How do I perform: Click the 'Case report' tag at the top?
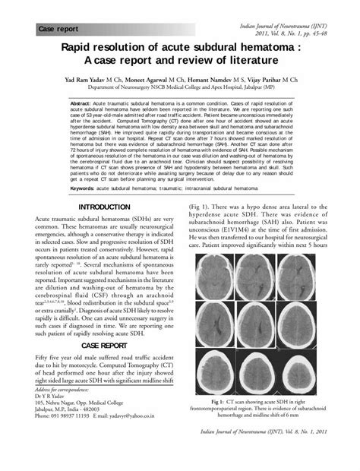click(x=58, y=29)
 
